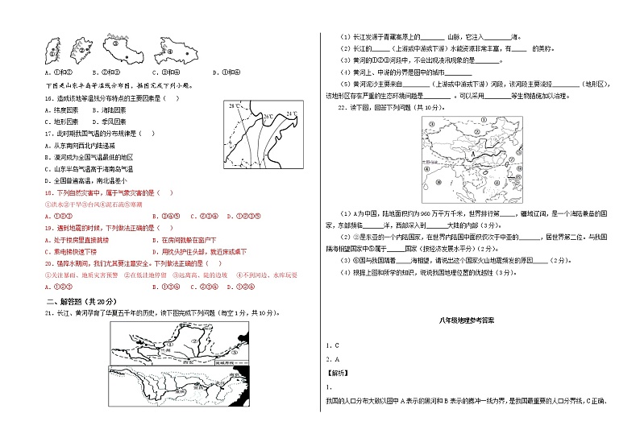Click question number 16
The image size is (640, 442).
[x=49, y=98]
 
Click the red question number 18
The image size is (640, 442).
[x=49, y=193]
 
